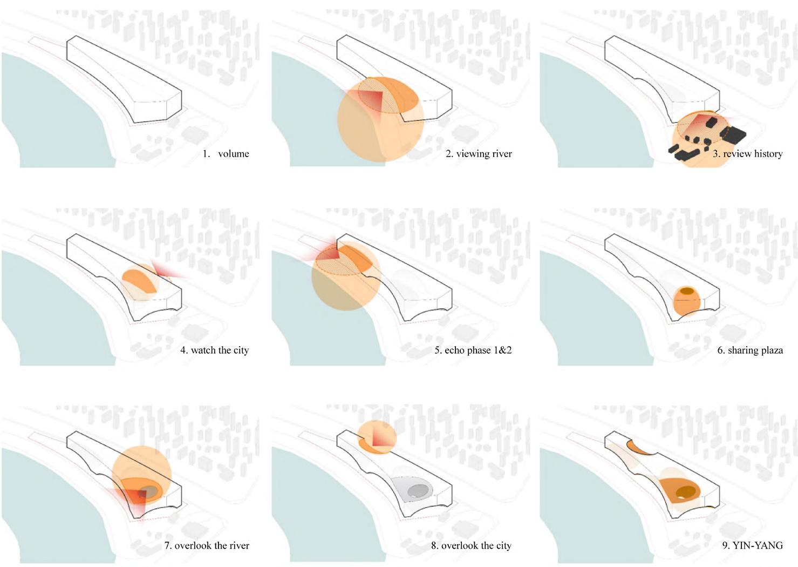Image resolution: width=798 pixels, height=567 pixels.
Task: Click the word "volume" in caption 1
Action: (x=233, y=154)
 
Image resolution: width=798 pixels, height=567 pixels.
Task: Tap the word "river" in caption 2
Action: (x=501, y=154)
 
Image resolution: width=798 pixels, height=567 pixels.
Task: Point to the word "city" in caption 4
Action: (x=241, y=350)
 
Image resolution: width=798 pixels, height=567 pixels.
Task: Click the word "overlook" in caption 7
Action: (x=193, y=545)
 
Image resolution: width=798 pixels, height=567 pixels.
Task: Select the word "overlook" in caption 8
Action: (x=460, y=545)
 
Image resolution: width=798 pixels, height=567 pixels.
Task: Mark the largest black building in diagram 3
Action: (x=733, y=134)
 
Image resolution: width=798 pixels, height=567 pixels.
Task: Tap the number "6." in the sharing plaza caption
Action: (x=721, y=350)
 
